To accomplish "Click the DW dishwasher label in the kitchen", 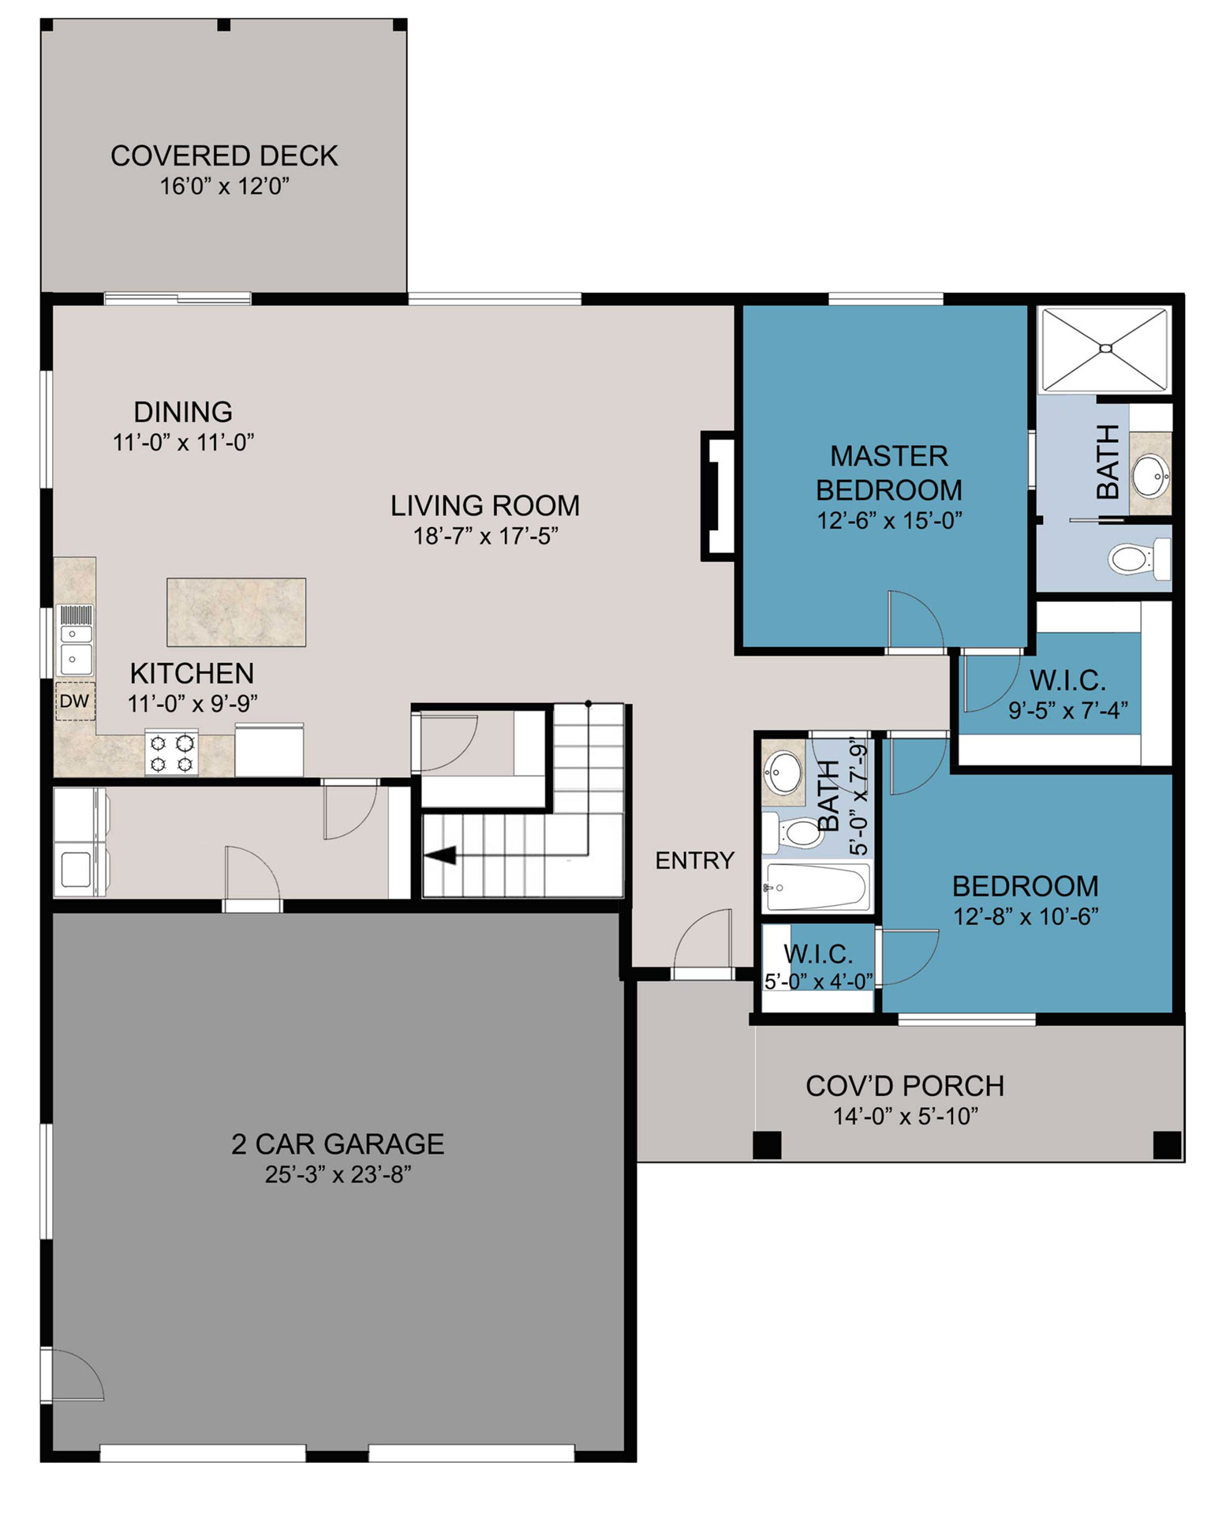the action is tap(74, 701).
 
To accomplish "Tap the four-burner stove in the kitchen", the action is tap(171, 754).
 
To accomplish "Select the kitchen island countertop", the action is tap(236, 612).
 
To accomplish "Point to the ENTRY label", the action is tap(694, 860).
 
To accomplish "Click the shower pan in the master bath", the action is tap(1105, 350).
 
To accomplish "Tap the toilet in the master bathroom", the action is tap(1139, 559).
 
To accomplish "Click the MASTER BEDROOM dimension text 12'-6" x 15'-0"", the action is tap(889, 521).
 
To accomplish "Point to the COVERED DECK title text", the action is tap(224, 155).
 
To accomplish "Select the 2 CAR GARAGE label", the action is tap(338, 1143).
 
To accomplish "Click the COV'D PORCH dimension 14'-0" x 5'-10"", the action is tap(906, 1116).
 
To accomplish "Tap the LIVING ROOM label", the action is tap(485, 505).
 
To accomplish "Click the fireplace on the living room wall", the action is tap(719, 496).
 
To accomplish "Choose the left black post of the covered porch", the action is tap(767, 1145).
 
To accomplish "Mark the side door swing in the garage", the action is tap(73, 1374).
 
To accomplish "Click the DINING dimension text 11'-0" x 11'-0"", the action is tap(183, 442).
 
